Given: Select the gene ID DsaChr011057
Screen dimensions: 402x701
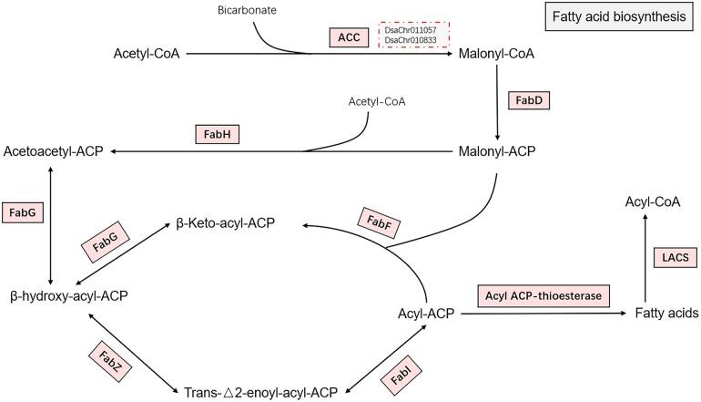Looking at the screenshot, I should pos(411,32).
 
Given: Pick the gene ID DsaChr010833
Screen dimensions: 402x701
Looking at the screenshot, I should pos(411,44).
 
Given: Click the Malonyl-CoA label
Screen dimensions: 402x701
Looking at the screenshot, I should pos(497,54).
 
